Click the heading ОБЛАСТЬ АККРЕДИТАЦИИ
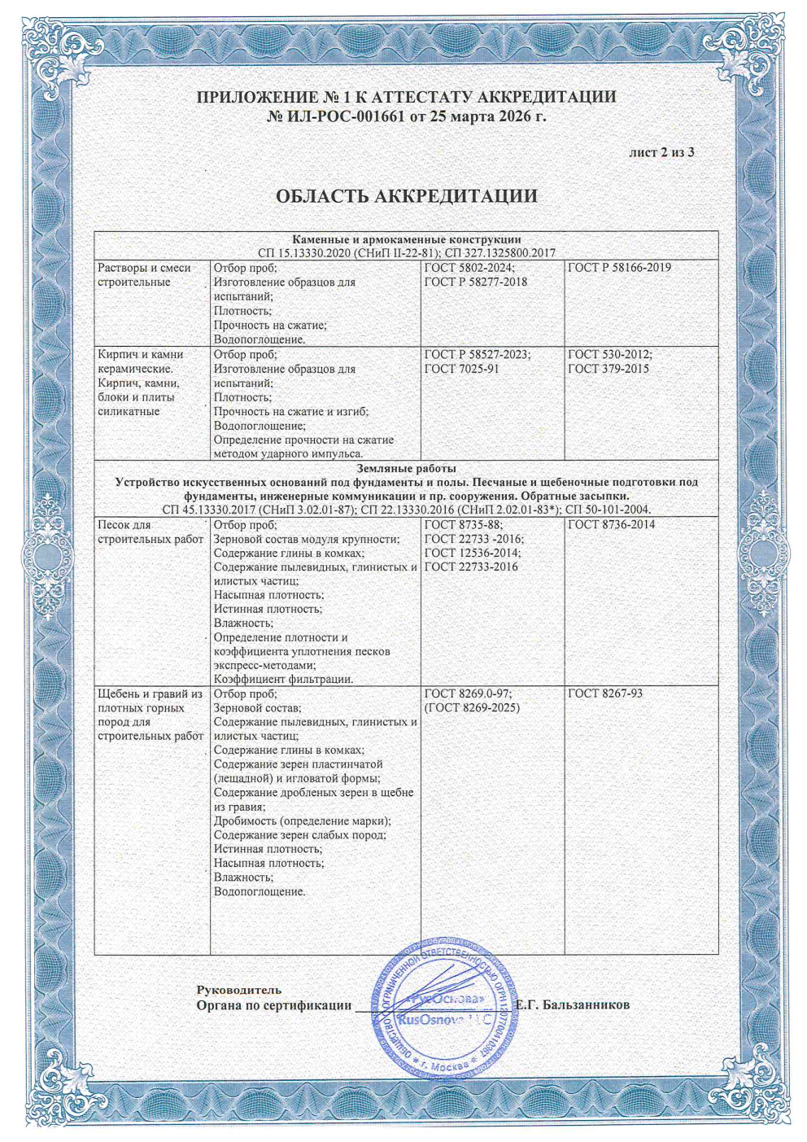coord(406,196)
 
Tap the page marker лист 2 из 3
coord(661,152)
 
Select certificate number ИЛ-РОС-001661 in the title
coord(345,117)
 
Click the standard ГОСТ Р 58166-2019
coord(619,268)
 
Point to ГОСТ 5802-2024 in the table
coord(469,268)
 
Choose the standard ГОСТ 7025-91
coord(461,369)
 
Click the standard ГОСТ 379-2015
coord(608,369)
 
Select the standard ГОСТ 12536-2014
coord(473,553)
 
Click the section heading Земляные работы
coord(406,468)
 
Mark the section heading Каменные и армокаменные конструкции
coord(406,239)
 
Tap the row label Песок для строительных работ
coord(150,532)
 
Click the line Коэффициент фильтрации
coord(283,680)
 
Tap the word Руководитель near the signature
coord(239,990)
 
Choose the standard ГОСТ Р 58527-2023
coord(477,355)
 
